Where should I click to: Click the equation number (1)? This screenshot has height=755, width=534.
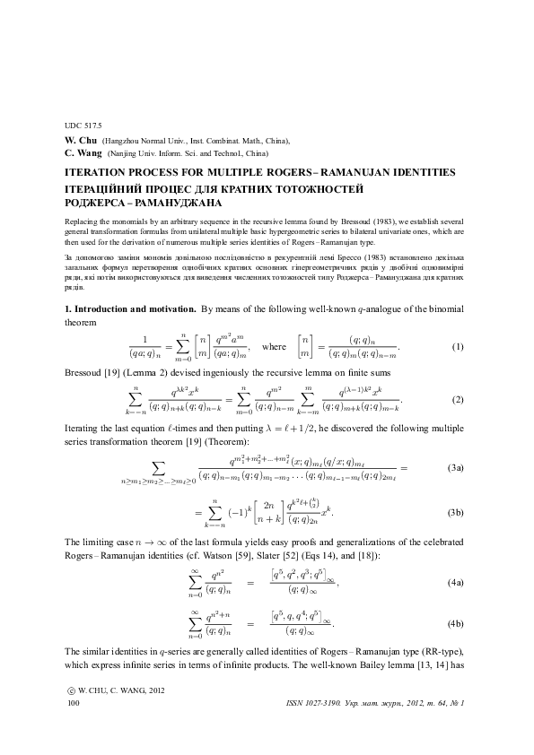[x=457, y=346]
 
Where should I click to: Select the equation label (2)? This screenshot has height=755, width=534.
[x=457, y=399]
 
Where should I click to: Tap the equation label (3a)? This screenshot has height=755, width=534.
[x=455, y=468]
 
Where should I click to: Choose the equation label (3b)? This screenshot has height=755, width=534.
[x=455, y=512]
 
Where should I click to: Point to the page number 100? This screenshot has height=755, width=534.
[x=74, y=706]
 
